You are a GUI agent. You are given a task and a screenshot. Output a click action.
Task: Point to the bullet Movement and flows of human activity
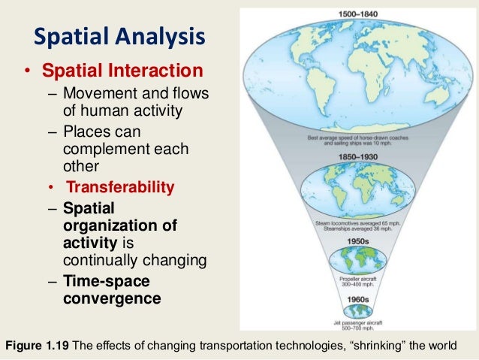[x=135, y=104]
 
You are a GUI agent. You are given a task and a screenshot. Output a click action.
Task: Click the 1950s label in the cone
[x=358, y=241]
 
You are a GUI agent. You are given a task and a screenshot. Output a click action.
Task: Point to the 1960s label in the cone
[x=357, y=299]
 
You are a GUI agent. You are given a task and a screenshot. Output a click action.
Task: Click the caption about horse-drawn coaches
[x=357, y=142]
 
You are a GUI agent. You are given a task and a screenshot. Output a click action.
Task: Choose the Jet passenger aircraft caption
[x=358, y=325]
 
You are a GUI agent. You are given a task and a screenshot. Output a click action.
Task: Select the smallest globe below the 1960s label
[x=358, y=310]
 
